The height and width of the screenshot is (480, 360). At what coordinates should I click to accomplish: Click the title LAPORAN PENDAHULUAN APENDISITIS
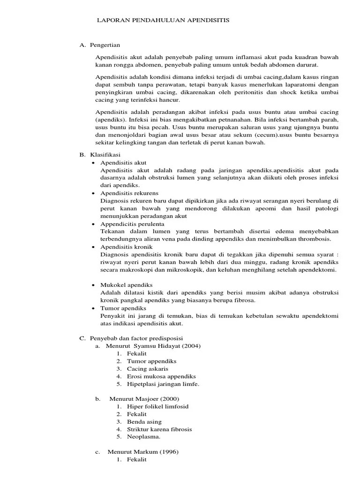163,21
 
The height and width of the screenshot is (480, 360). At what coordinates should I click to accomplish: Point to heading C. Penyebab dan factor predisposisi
131,338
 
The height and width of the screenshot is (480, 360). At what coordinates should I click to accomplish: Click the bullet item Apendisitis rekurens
129,193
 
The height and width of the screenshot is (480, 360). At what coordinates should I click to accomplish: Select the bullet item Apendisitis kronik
126,247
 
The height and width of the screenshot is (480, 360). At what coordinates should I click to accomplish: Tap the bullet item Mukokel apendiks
126,285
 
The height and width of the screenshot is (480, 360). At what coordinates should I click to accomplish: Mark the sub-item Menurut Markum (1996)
143,452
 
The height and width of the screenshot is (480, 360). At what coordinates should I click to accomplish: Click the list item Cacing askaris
147,368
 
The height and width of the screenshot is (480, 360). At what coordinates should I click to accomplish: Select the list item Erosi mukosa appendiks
161,376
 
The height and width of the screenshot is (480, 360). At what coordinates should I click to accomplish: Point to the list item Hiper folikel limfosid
157,406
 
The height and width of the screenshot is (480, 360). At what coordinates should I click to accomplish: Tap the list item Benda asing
143,421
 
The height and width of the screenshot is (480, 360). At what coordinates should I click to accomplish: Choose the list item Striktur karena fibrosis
159,429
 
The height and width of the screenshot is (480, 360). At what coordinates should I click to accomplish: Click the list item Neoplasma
143,437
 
